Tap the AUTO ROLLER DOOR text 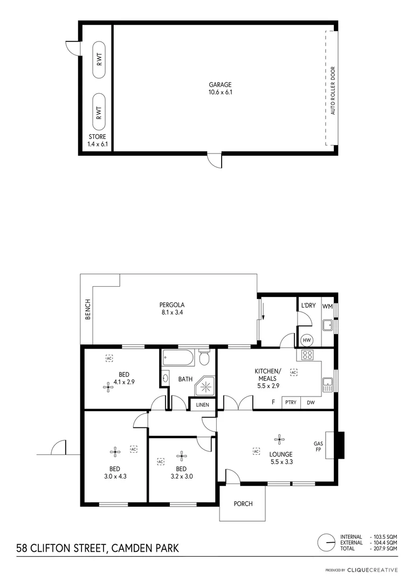tap(333, 91)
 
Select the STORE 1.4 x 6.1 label tap(98, 141)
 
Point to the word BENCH tap(88, 309)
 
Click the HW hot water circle tap(307, 340)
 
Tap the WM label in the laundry tap(327, 306)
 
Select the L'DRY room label tap(308, 306)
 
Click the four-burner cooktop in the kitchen tap(307, 355)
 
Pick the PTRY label tap(290, 403)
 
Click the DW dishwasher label tap(311, 403)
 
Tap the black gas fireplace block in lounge tap(338, 445)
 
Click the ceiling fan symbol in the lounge tap(279, 439)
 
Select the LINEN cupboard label tap(202, 405)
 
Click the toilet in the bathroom tap(204, 358)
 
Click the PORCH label tap(243, 504)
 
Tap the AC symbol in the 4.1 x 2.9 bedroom tap(109, 358)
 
